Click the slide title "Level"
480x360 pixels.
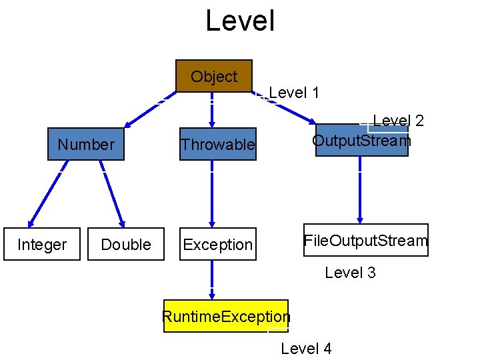click(240, 20)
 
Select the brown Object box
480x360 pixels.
click(214, 76)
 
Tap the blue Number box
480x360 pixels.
click(86, 144)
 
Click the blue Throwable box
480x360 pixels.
click(217, 144)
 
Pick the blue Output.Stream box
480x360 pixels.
click(361, 141)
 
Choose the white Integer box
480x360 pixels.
click(42, 245)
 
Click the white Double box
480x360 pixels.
click(126, 245)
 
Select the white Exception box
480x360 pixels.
click(217, 245)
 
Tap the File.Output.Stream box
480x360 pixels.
click(365, 240)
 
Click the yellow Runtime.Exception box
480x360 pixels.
click(226, 316)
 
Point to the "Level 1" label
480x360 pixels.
click(294, 93)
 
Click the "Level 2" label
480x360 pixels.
click(398, 120)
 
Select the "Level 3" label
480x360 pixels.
click(350, 272)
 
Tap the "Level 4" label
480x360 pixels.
click(306, 348)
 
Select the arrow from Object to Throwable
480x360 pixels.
click(212, 109)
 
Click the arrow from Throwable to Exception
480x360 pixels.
click(212, 193)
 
